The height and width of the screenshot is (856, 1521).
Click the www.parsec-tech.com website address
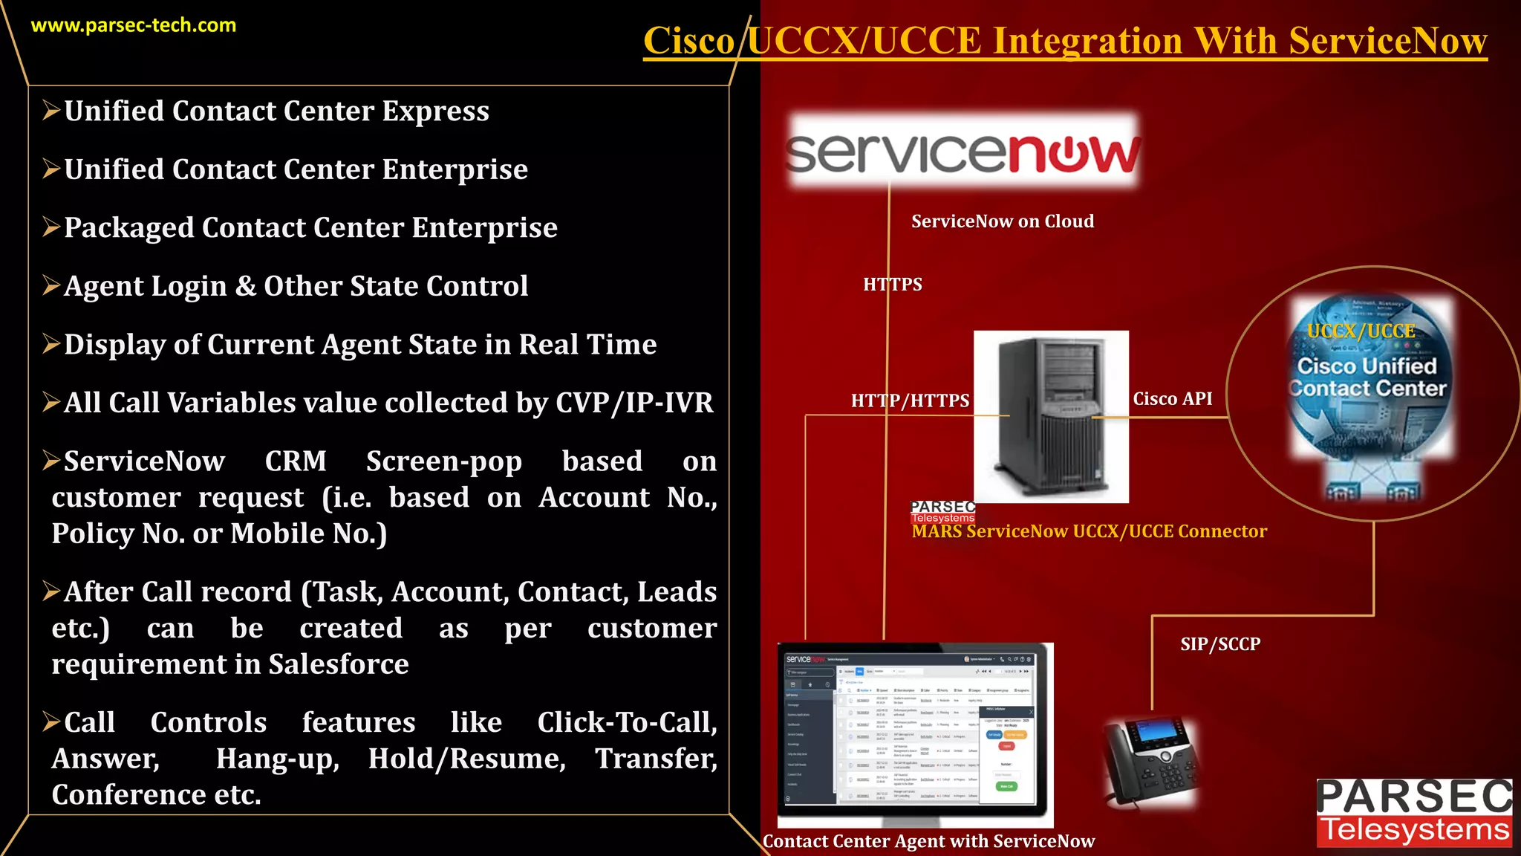click(x=134, y=25)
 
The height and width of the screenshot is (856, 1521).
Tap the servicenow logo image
click(x=963, y=152)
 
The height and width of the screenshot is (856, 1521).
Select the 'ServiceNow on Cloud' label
click(x=1003, y=221)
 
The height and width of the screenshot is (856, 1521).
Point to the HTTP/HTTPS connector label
click(x=910, y=401)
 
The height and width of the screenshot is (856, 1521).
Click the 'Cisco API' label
click(x=1172, y=399)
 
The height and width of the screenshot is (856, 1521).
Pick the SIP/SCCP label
click(x=1220, y=644)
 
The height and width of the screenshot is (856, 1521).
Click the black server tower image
click(x=1051, y=416)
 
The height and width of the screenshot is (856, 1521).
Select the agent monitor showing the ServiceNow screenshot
click(x=915, y=732)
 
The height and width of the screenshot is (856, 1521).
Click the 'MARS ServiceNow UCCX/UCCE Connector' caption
click(x=1089, y=532)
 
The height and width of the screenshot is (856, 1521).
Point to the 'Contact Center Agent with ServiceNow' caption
click(x=928, y=841)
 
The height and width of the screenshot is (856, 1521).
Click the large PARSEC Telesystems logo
click(x=1414, y=813)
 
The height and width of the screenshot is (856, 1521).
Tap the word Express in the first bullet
click(x=435, y=111)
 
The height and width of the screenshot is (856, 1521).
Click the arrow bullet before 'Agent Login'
click(x=51, y=285)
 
